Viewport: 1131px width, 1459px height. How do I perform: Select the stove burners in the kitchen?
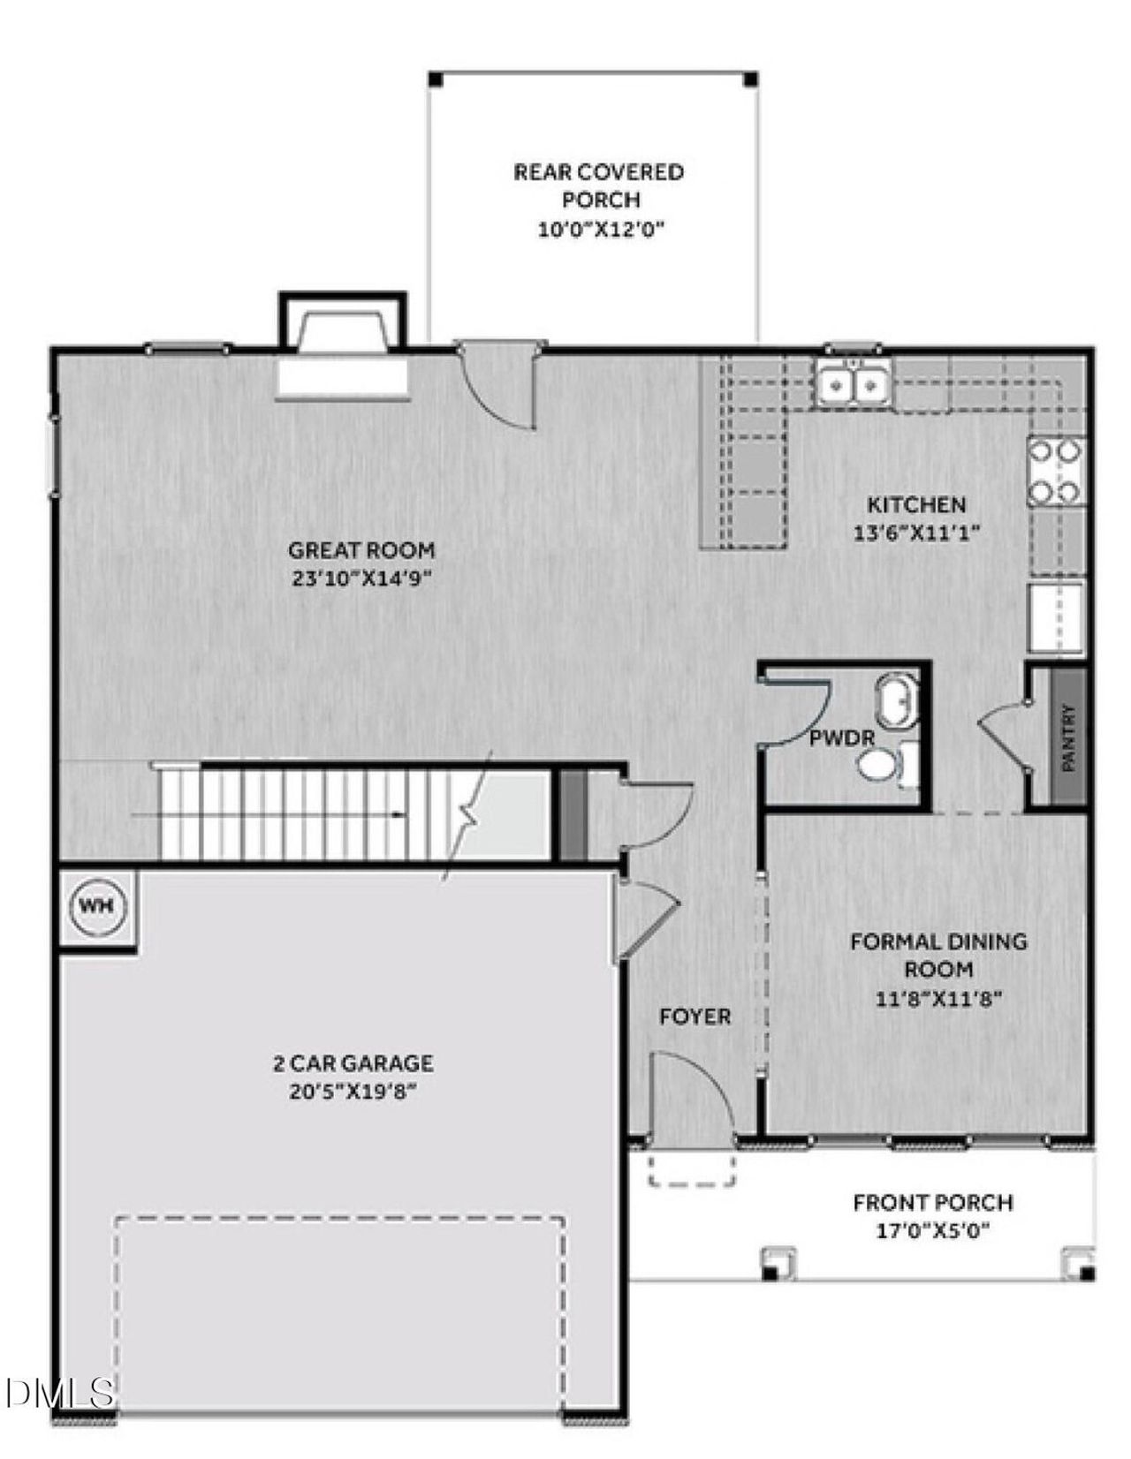1056,472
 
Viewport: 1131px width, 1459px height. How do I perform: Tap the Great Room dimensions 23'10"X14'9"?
361,578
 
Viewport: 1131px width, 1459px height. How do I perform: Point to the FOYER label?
695,1017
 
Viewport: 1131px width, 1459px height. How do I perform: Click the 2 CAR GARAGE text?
353,1063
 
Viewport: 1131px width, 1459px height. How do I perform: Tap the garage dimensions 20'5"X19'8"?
353,1092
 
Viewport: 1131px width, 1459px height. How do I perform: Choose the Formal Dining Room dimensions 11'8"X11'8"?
938,999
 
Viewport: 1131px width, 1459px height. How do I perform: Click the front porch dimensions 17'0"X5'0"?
932,1229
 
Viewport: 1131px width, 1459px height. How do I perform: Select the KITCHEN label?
916,505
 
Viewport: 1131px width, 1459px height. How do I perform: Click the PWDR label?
842,738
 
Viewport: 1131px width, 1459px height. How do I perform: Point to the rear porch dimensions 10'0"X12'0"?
600,230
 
